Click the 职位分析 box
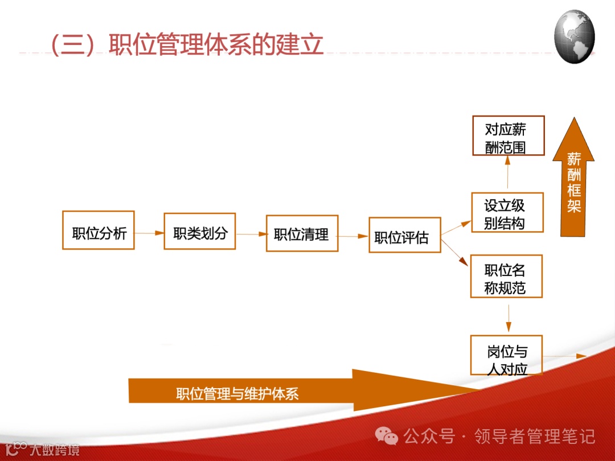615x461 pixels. [98, 230]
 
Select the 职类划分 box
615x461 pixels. [200, 231]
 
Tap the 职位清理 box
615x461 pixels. [302, 233]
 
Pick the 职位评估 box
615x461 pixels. [404, 235]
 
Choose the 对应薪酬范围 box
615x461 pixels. [509, 135]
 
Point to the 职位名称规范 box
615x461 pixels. [506, 277]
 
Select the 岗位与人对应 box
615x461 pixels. [506, 355]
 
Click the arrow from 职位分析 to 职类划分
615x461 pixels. [149, 233]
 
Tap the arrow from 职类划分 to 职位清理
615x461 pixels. [251, 234]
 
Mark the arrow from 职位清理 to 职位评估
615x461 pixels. [353, 236]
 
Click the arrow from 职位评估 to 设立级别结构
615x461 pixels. [456, 227]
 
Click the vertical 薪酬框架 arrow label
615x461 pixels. [573, 182]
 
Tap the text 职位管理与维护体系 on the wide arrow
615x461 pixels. [237, 394]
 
